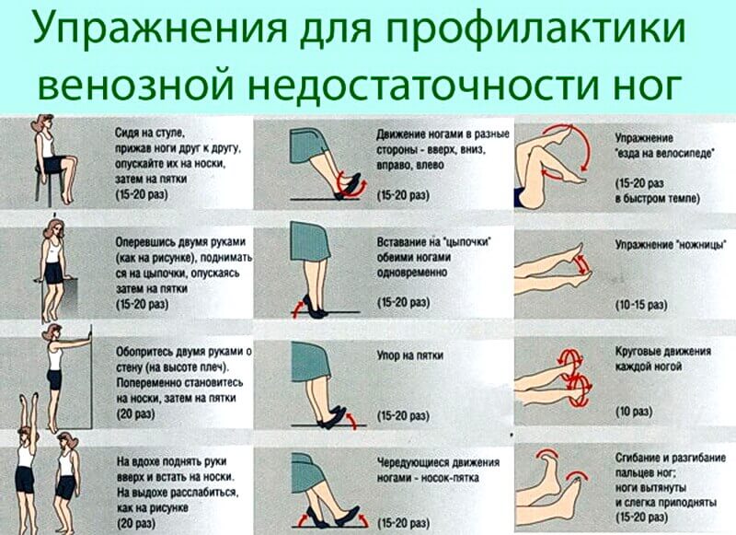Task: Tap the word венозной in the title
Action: point(135,85)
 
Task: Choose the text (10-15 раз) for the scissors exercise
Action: point(641,305)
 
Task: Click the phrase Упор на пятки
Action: point(409,355)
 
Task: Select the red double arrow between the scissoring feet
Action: point(582,264)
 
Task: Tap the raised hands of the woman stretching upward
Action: point(28,399)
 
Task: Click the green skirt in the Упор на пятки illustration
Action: point(310,361)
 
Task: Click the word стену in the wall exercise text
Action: point(130,366)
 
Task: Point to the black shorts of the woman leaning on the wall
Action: point(54,379)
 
